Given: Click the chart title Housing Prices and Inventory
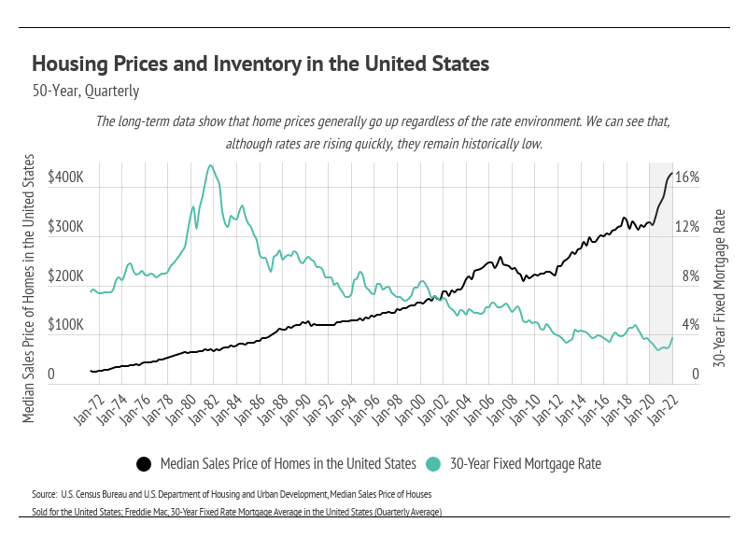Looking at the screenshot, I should (261, 64).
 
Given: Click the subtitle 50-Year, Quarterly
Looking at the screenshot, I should (85, 92).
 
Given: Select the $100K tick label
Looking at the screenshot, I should (65, 326).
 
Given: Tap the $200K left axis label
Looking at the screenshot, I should (65, 276).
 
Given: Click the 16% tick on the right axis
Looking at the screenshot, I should (687, 177).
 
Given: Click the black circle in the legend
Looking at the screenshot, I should (145, 464).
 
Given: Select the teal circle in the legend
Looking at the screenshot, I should (433, 464).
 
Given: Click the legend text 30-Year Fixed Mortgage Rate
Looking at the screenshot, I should (526, 463).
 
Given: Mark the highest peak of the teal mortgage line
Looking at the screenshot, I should (210, 165).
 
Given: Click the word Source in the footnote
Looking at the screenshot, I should (44, 492).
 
